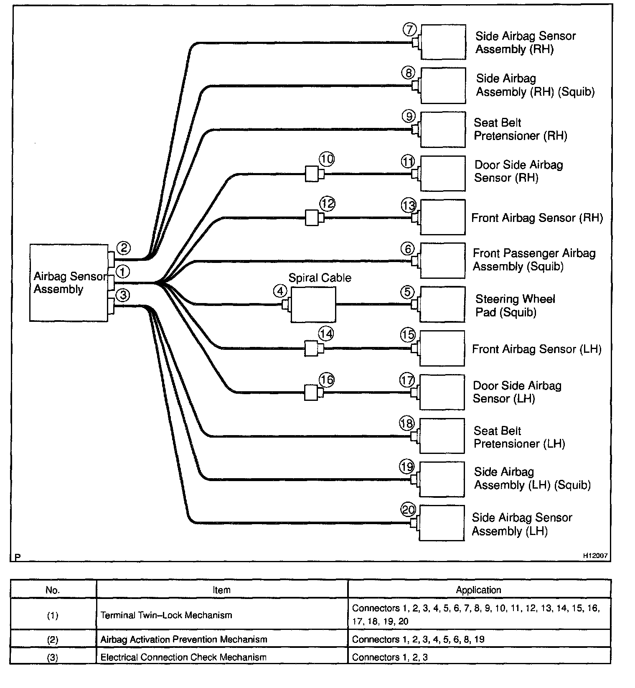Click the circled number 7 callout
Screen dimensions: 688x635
pos(410,30)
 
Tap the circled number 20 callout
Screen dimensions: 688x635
pos(408,510)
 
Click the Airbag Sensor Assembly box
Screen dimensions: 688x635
pos(69,283)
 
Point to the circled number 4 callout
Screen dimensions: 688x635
pos(280,291)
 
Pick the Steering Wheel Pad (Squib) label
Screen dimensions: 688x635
pos(515,306)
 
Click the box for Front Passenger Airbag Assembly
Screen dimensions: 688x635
pos(442,261)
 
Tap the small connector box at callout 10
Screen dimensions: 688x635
pos(312,174)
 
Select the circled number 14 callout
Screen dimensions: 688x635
pos(326,334)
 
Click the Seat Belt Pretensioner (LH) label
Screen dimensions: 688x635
pos(519,437)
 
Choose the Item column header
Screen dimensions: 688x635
pos(221,590)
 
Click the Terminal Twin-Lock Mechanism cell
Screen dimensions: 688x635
pos(166,615)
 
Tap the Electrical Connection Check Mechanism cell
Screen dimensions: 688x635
pos(183,657)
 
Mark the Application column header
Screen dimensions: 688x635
pos(478,590)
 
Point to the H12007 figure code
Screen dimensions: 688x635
pos(595,555)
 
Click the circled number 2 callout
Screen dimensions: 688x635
pos(123,248)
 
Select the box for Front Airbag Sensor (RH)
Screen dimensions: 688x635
pos(442,217)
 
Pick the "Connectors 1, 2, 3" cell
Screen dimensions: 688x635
pos(390,657)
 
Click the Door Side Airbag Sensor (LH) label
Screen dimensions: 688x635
pos(517,392)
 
